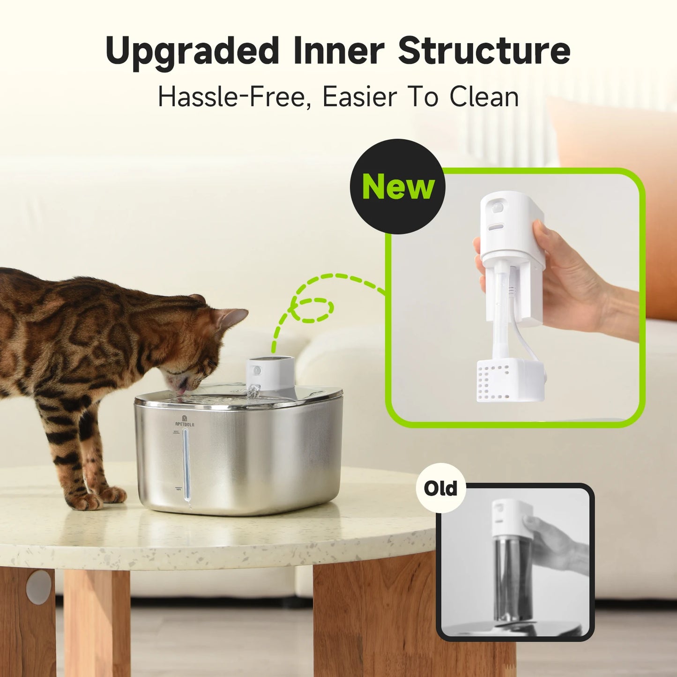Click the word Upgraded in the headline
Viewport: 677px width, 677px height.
pyautogui.click(x=192, y=51)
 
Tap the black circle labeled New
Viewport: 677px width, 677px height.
pyautogui.click(x=398, y=186)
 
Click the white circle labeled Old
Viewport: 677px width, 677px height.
pyautogui.click(x=440, y=488)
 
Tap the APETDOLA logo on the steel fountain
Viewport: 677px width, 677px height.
pyautogui.click(x=185, y=422)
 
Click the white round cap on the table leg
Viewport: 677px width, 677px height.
pyautogui.click(x=39, y=587)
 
